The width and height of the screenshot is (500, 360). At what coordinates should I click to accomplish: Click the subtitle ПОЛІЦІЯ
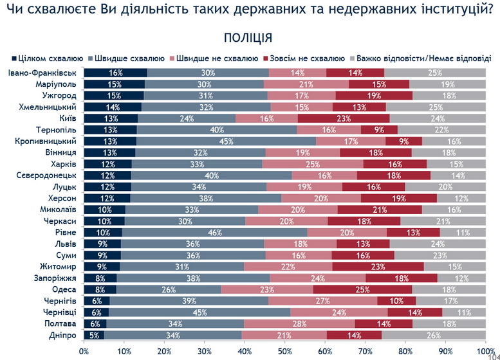pos(248,37)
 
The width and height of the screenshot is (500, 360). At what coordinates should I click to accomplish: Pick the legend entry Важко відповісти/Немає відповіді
pos(421,57)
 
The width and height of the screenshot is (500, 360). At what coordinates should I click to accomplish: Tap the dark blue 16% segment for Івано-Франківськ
pos(116,73)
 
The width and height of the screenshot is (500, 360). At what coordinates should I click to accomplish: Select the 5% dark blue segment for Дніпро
pos(94,335)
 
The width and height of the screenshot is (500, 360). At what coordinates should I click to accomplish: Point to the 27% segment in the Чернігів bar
pos(322,301)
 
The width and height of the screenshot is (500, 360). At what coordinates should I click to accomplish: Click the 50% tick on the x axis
pos(286,351)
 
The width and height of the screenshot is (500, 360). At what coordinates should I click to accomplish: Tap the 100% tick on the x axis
pos(485,351)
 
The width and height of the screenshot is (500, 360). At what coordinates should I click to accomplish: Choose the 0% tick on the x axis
pos(84,351)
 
